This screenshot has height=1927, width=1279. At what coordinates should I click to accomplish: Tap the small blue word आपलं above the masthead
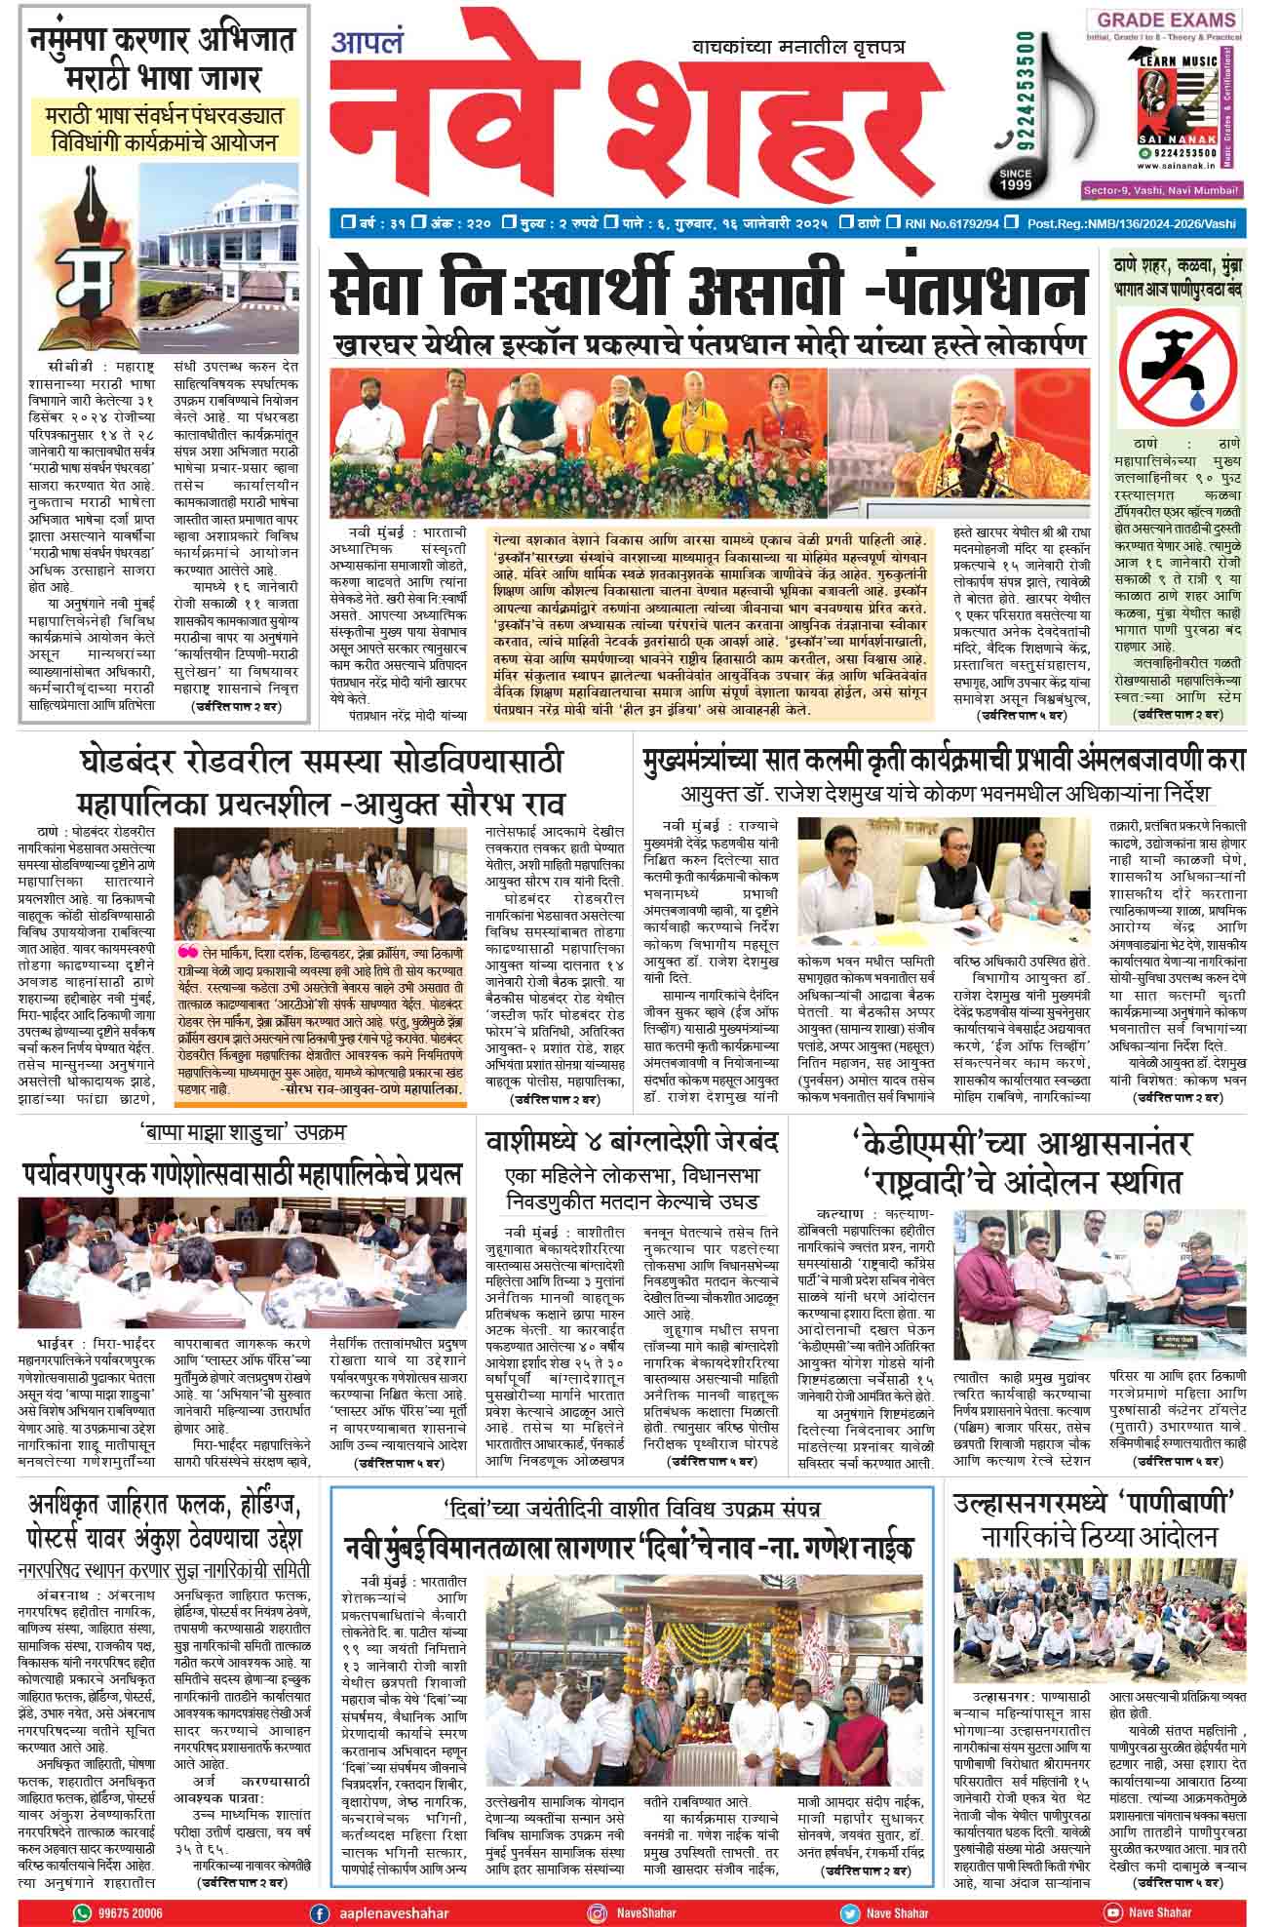pyautogui.click(x=360, y=44)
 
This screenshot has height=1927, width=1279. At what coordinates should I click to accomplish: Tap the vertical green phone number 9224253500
pyautogui.click(x=1026, y=88)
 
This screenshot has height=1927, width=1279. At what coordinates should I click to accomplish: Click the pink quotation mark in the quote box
pyautogui.click(x=185, y=952)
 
